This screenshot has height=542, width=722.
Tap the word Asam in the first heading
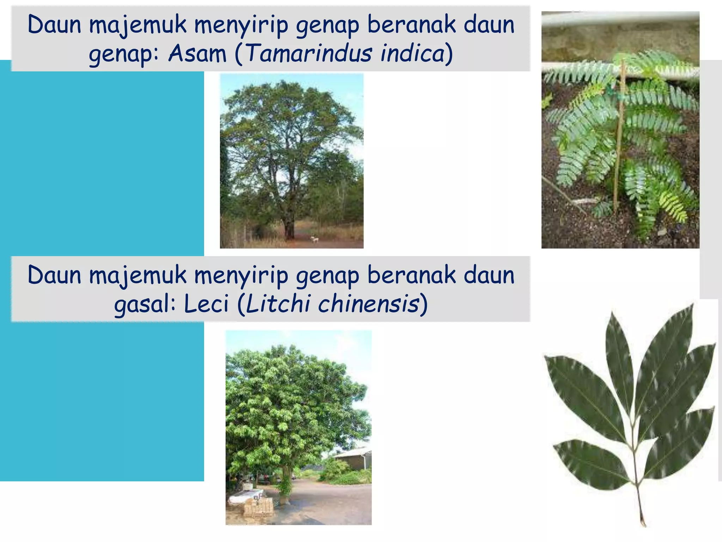tap(197, 54)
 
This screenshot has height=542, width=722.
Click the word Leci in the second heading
tap(206, 304)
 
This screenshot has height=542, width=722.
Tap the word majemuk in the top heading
tap(137, 25)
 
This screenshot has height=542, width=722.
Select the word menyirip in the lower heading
tap(241, 276)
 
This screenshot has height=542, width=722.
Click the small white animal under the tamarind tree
tap(314, 240)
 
